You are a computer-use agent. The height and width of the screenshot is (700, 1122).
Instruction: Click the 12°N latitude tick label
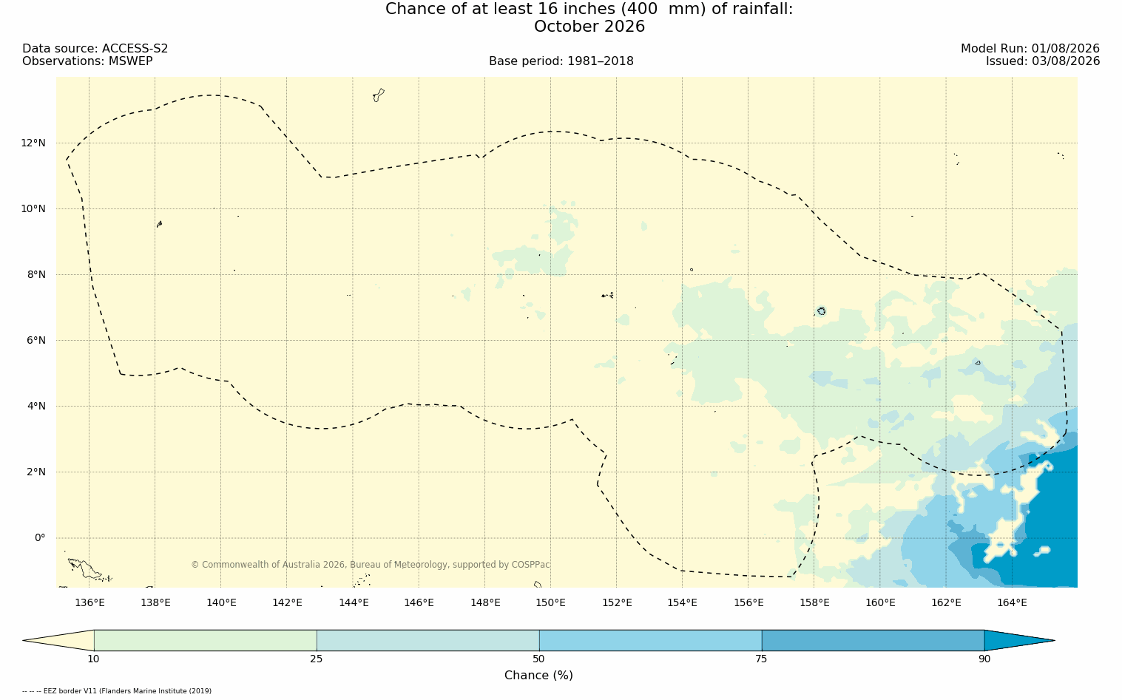click(x=33, y=143)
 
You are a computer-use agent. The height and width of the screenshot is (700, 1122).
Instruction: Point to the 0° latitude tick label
click(x=40, y=538)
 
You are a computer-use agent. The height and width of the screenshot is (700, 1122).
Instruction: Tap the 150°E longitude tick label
click(x=550, y=602)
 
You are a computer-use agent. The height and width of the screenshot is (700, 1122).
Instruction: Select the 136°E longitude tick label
click(x=89, y=602)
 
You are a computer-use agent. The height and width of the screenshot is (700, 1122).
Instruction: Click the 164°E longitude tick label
click(x=1012, y=602)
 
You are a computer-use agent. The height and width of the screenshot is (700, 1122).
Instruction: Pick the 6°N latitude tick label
click(x=36, y=341)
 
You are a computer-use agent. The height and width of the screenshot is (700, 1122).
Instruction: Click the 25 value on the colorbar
click(x=316, y=659)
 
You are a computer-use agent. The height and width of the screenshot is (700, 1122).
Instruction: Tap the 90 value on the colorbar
click(x=984, y=659)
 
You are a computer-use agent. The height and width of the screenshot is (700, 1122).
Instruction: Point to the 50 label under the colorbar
click(x=539, y=659)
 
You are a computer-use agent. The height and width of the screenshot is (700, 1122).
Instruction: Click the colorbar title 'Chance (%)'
click(x=538, y=676)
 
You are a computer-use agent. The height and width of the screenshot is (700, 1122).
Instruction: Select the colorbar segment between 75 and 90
click(x=873, y=640)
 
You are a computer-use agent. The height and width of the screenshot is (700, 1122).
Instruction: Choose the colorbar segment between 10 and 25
click(x=206, y=640)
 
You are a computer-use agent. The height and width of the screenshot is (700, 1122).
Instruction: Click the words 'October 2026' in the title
click(x=589, y=27)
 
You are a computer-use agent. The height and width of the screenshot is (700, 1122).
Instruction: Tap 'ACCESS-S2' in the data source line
click(x=135, y=49)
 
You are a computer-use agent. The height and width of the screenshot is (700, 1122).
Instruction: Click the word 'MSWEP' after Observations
click(x=130, y=61)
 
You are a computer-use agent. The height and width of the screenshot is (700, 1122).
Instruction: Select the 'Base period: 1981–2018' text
click(x=561, y=61)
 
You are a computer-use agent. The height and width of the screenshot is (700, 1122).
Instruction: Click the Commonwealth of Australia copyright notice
click(x=370, y=565)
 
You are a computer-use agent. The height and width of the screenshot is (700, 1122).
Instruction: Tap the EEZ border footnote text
click(x=117, y=691)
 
